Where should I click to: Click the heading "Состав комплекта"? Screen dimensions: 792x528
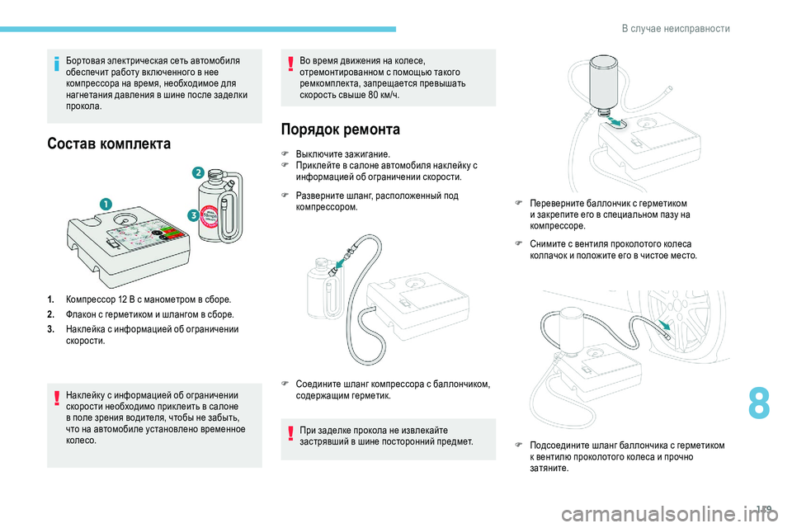tap(109, 144)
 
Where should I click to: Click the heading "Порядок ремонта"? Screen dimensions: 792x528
tap(341, 130)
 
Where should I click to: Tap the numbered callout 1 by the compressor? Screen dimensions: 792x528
tap(106, 204)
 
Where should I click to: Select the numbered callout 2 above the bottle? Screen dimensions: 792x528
tap(198, 172)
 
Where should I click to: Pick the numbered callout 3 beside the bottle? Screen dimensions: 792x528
tap(193, 215)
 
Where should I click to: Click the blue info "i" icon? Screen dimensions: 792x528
tap(57, 64)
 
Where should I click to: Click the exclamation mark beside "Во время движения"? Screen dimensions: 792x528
tap(290, 64)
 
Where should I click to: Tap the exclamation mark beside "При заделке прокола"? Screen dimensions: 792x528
tap(290, 433)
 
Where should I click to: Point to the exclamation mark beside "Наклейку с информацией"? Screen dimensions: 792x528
tap(57, 398)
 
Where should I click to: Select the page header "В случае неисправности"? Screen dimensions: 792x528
tap(676, 28)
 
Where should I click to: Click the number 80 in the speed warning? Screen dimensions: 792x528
tap(374, 95)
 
